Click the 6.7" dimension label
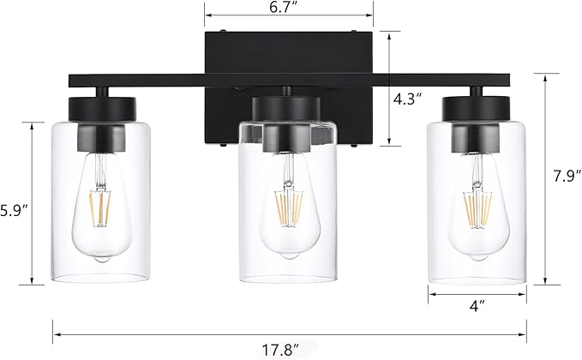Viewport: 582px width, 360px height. point(289,8)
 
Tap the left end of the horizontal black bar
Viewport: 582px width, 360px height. point(74,81)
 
